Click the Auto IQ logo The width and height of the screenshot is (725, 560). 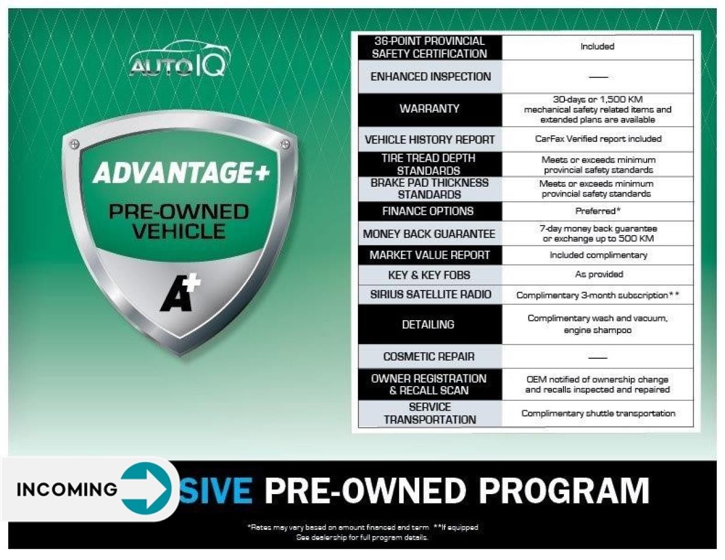(179, 59)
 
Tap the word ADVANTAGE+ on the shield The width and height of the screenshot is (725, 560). (181, 173)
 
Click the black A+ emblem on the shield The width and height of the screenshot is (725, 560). (180, 293)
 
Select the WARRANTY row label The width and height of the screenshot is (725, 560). (430, 108)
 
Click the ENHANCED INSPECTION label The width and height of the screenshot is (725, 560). (430, 76)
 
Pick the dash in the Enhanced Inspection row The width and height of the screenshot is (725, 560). (598, 77)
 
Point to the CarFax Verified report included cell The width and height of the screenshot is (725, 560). (598, 139)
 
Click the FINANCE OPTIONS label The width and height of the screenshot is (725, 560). (428, 211)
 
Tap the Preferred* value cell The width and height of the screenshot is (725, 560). (598, 211)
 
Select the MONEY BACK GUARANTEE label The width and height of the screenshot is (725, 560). (429, 234)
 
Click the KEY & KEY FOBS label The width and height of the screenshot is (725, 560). (429, 275)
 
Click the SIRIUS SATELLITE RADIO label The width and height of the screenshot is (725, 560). (430, 295)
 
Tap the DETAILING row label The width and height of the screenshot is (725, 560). (428, 324)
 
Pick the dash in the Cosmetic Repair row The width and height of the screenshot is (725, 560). (598, 358)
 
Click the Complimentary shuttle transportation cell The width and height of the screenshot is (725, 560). (598, 414)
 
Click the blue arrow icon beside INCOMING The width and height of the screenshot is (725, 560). (145, 488)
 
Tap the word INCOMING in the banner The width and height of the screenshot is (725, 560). (67, 489)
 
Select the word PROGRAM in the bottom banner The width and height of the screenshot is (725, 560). (564, 491)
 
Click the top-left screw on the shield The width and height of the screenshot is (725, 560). (75, 144)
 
